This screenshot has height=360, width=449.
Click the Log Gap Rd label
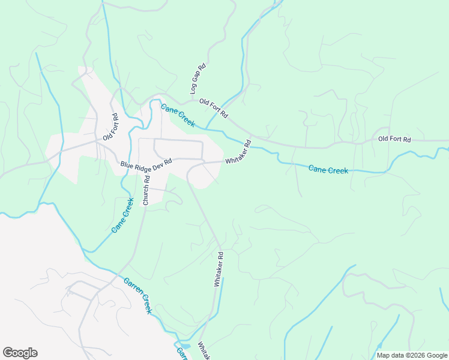(199, 80)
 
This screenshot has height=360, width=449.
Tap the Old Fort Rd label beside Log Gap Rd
(214, 108)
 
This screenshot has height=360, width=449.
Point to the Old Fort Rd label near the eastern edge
(394, 139)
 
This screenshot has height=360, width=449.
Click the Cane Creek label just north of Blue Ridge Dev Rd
(178, 114)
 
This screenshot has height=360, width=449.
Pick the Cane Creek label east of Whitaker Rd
(328, 170)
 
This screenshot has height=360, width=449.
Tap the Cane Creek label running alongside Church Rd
(122, 215)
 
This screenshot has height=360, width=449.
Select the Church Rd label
(146, 189)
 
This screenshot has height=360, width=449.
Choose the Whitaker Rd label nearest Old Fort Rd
(238, 153)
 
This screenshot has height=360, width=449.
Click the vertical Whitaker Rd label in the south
(219, 269)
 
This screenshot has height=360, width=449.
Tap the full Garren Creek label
(138, 296)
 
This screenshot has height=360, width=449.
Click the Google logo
(20, 353)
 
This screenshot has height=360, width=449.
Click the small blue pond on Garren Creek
(184, 346)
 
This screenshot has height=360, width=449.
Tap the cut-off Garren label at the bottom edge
(180, 354)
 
